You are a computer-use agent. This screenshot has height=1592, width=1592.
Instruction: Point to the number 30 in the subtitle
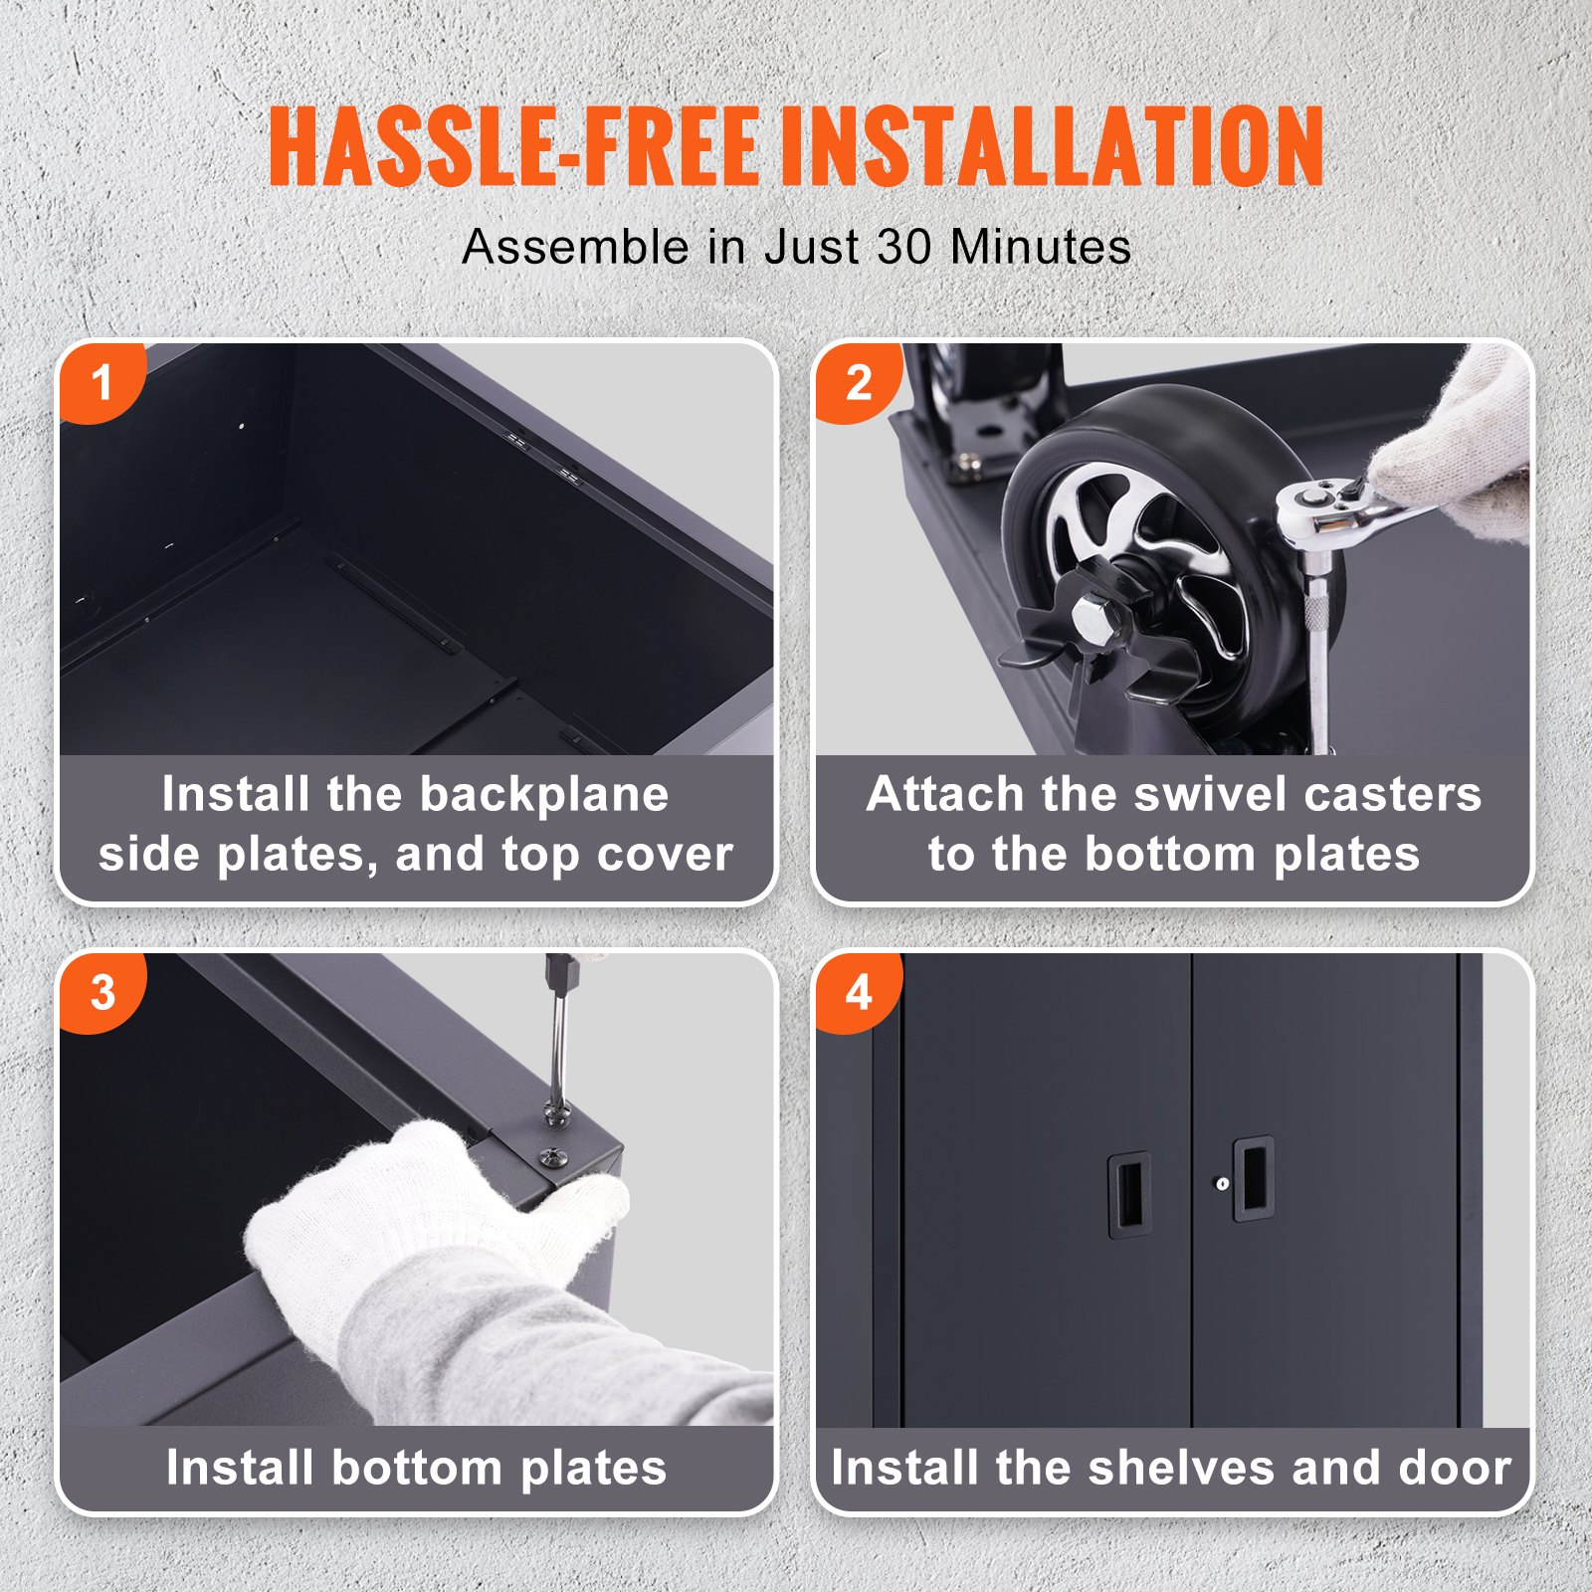click(x=906, y=247)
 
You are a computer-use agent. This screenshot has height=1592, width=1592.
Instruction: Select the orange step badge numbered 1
click(x=100, y=382)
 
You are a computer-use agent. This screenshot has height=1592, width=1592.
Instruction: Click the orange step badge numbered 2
click(x=858, y=382)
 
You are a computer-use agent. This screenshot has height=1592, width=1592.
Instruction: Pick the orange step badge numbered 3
click(x=101, y=992)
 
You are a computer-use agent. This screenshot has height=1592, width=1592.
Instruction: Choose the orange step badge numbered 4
click(x=858, y=992)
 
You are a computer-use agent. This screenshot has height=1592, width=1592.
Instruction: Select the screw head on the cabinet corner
click(x=553, y=1156)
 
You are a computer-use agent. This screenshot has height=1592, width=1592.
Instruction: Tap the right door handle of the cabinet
click(x=1255, y=1178)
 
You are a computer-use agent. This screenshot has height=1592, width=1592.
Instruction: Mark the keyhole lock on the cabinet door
click(x=1223, y=1183)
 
